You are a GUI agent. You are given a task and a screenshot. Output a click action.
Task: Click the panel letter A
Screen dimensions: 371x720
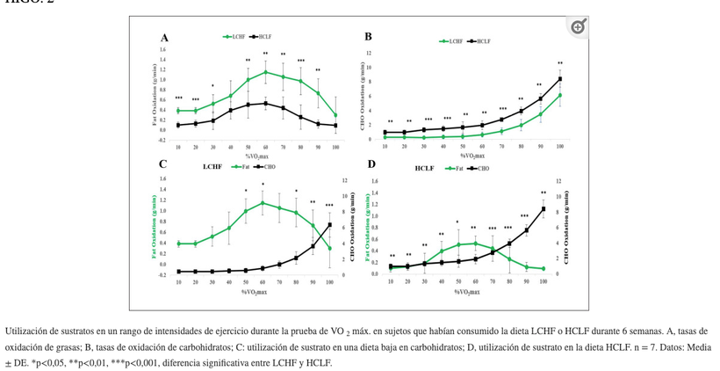[x=164, y=37]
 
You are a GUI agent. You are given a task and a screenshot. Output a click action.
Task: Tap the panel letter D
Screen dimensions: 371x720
[x=371, y=164]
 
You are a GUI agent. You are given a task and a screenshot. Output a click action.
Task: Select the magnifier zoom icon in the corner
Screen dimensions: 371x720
[x=578, y=27]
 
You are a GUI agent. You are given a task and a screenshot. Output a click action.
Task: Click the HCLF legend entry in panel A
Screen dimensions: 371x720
[x=261, y=37]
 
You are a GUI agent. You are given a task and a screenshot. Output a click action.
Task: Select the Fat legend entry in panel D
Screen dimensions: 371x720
[x=456, y=167]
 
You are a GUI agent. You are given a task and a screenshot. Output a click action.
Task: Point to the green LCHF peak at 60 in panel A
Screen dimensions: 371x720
[x=265, y=72]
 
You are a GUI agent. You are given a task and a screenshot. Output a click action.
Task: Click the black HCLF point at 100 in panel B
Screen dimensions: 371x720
[x=560, y=79]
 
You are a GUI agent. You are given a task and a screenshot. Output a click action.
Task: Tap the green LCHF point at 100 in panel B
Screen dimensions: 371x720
[x=560, y=95]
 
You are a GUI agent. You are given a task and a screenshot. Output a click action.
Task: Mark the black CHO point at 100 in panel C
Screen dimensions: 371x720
[x=329, y=225]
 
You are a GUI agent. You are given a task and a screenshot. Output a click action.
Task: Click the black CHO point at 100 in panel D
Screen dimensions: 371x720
[x=544, y=208]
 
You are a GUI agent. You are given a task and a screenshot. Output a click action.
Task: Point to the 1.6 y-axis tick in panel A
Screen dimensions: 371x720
[x=162, y=49]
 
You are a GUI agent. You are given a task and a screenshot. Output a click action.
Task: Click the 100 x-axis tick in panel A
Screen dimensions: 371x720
[x=335, y=148]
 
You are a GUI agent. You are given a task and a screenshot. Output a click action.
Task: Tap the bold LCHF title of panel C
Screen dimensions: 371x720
[x=212, y=165]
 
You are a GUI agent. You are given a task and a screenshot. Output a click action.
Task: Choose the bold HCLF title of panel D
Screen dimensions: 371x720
[x=425, y=167]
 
